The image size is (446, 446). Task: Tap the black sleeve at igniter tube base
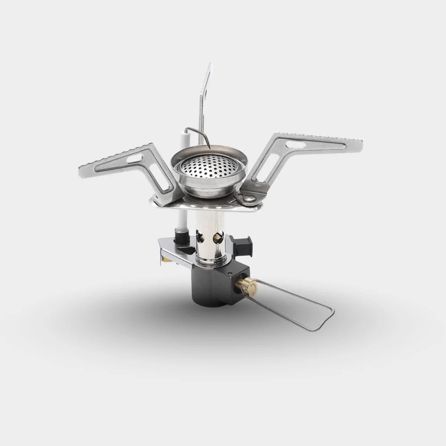click(182, 237)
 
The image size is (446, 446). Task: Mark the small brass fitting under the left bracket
click(165, 260)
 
